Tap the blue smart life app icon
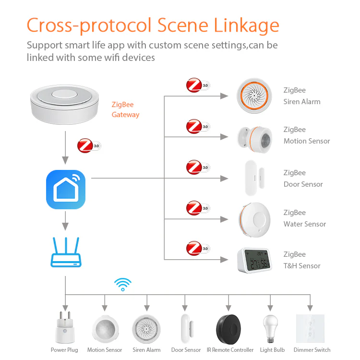tap(65, 190)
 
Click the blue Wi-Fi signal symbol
tap(123, 284)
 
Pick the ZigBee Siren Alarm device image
tap(254, 96)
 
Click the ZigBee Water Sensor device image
tap(254, 219)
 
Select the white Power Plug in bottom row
tap(65, 328)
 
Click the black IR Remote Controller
tap(230, 327)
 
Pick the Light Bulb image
tap(271, 328)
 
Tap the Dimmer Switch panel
tap(311, 328)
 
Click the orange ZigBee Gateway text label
tap(125, 109)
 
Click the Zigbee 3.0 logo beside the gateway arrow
tap(89, 145)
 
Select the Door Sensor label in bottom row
tap(186, 350)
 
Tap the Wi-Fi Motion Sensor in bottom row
tap(105, 328)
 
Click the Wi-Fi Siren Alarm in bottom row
tap(146, 328)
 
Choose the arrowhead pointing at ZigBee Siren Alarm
tap(224, 96)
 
